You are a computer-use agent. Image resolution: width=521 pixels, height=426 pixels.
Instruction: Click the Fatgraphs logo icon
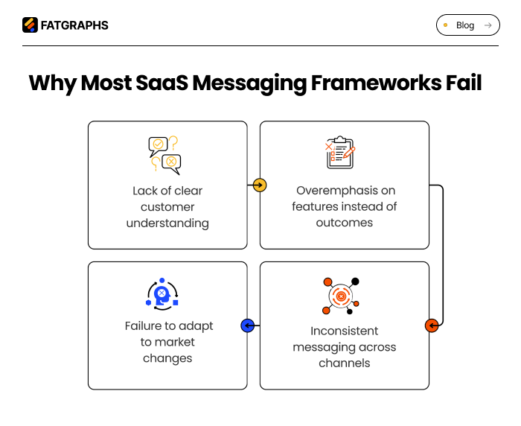(x=30, y=25)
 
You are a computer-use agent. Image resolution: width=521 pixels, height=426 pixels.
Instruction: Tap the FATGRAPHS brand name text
(x=74, y=25)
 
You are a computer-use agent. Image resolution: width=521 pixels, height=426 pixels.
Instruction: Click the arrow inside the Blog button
(x=488, y=25)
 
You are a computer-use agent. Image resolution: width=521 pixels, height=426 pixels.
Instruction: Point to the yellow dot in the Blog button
(x=446, y=25)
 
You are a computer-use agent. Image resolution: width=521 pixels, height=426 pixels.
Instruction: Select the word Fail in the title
(x=459, y=83)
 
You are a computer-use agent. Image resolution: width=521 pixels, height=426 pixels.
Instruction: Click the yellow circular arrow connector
(x=259, y=185)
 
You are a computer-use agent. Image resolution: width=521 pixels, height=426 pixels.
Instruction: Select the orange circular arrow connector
(x=432, y=325)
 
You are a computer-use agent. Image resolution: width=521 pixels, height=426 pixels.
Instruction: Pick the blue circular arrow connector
(x=248, y=325)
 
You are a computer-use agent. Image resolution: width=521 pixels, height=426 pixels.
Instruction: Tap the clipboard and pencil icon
(x=341, y=153)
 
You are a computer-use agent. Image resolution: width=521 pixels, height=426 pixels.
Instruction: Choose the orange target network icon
(x=342, y=296)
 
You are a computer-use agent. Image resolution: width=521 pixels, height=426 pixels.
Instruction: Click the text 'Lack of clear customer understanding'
(x=167, y=207)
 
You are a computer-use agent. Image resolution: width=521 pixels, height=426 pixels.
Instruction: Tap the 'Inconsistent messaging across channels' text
(x=344, y=347)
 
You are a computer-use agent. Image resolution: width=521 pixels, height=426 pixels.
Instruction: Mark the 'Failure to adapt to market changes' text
(x=167, y=342)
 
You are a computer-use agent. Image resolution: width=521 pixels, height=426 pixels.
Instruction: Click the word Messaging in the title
(x=249, y=83)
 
